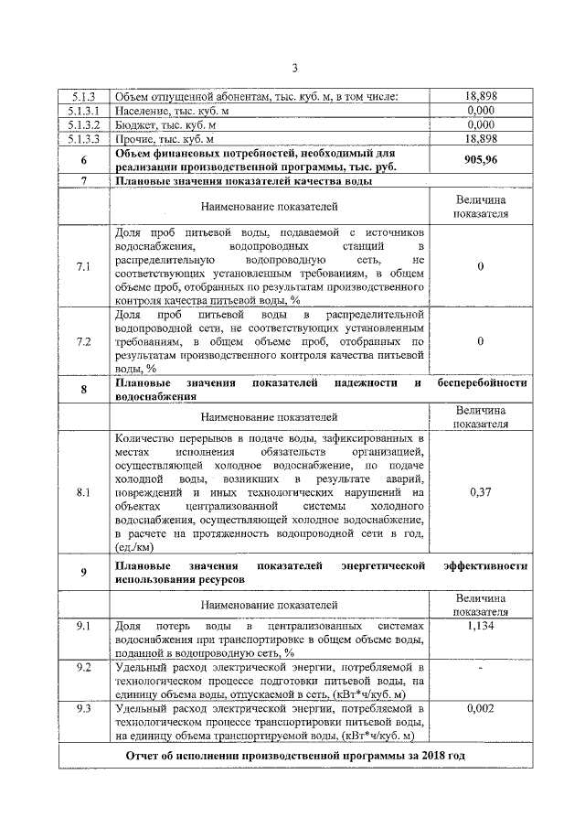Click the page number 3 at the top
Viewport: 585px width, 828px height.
click(294, 67)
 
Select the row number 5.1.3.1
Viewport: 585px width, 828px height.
click(83, 110)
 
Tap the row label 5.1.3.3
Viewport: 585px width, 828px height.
click(83, 139)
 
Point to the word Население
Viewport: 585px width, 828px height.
click(141, 110)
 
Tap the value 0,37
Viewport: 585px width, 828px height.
click(480, 491)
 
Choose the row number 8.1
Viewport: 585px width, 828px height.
click(83, 491)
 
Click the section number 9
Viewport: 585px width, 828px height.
click(83, 573)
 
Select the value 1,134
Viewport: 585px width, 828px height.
click(480, 626)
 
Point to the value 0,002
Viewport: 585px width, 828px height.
click(480, 708)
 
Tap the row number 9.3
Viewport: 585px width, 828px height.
click(83, 708)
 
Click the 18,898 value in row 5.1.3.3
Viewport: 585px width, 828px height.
click(480, 139)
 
